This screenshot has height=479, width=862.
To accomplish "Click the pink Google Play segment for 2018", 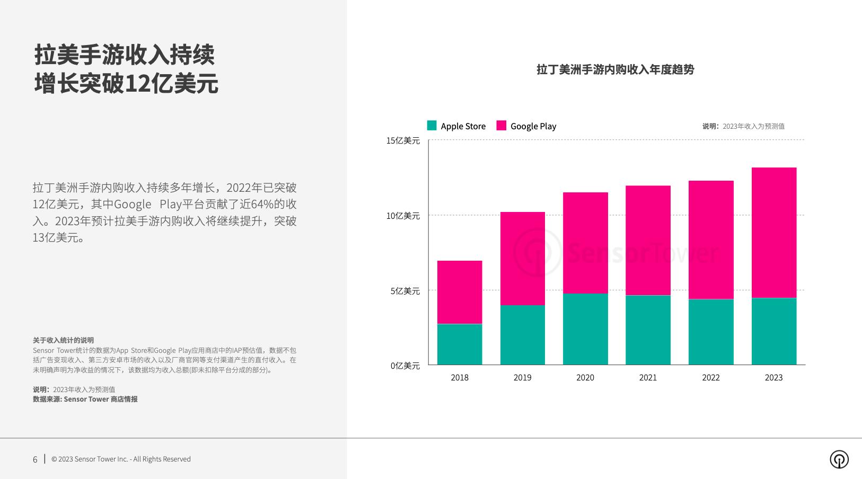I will [x=460, y=292].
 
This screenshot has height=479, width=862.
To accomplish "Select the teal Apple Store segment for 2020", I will [x=585, y=329].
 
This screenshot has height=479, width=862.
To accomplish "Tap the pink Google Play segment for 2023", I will [x=773, y=233].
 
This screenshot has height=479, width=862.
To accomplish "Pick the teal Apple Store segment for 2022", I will [x=711, y=332].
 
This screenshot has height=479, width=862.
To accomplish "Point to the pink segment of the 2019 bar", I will [x=522, y=258].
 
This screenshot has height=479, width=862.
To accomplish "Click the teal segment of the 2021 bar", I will [x=648, y=330].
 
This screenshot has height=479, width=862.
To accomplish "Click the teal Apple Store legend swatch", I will [x=432, y=126].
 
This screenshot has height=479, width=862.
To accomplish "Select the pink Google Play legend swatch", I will [x=501, y=126].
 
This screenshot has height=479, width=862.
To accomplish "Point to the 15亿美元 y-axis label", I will [x=403, y=140].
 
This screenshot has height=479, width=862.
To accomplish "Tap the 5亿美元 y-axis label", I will [x=405, y=291].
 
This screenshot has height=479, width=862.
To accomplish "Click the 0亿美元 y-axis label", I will [x=405, y=366].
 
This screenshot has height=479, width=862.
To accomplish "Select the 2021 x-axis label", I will [x=648, y=377].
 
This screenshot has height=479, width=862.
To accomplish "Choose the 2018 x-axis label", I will [x=460, y=377].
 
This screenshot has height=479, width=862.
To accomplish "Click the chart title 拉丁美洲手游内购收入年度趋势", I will [x=615, y=69].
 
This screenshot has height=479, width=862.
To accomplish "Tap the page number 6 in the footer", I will [x=35, y=459].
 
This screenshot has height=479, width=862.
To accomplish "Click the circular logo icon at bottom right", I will [x=839, y=459].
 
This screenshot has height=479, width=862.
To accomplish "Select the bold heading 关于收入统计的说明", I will [x=63, y=340].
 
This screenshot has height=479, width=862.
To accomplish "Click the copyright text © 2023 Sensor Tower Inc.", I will [x=121, y=459].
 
